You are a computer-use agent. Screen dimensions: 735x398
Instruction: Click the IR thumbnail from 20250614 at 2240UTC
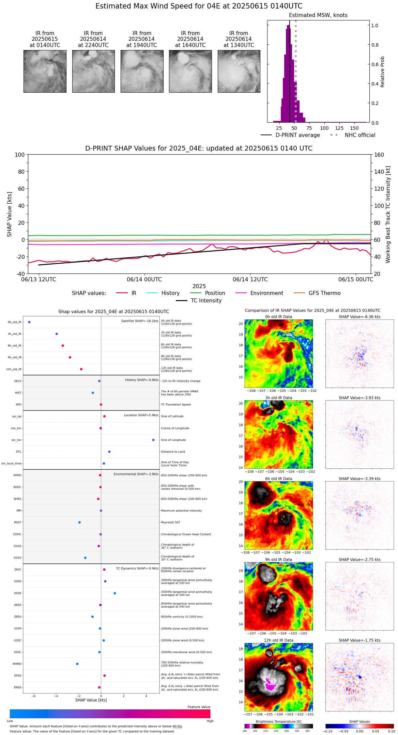point(93,71)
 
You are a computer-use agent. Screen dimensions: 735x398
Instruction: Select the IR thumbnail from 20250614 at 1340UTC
point(239,71)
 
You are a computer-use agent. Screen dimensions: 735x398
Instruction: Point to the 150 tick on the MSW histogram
point(354,128)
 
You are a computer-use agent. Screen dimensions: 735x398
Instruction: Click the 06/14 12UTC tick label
point(250,280)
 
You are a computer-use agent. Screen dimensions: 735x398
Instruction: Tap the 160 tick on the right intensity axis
point(379,155)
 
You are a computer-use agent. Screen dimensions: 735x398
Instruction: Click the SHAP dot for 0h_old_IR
point(29,322)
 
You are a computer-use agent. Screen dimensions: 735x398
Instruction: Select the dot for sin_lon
point(153,440)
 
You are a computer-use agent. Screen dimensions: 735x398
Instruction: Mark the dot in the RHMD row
point(77,664)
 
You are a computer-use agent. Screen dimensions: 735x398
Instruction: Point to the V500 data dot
point(115,593)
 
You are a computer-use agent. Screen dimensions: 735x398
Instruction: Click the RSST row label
point(17,522)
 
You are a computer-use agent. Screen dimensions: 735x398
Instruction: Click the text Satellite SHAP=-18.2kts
point(140,321)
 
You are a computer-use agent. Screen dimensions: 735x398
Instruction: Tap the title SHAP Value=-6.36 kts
point(359,317)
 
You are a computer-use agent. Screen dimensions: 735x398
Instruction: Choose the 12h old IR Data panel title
point(278,640)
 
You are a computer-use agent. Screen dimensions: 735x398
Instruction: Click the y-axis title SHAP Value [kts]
point(10,214)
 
